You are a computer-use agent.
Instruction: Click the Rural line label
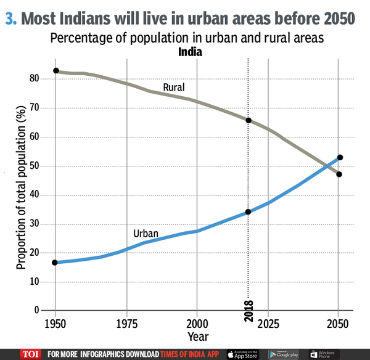pos(175,88)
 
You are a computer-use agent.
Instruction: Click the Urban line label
pos(146,234)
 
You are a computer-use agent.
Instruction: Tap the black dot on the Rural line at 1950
pos(55,71)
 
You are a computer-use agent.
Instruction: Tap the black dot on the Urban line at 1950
pos(55,263)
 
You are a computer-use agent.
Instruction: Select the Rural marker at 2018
pos(249,120)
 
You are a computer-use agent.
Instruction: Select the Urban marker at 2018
pos(249,212)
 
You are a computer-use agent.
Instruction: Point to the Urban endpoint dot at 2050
pos(340,158)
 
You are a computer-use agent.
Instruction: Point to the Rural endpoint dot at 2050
pos(339,174)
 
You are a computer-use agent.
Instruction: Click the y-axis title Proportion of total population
pos(22,195)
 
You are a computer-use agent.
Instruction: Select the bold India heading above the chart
pos(190,52)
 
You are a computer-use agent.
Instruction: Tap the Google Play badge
pos(286,354)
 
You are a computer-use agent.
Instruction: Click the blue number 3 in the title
pos(10,18)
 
